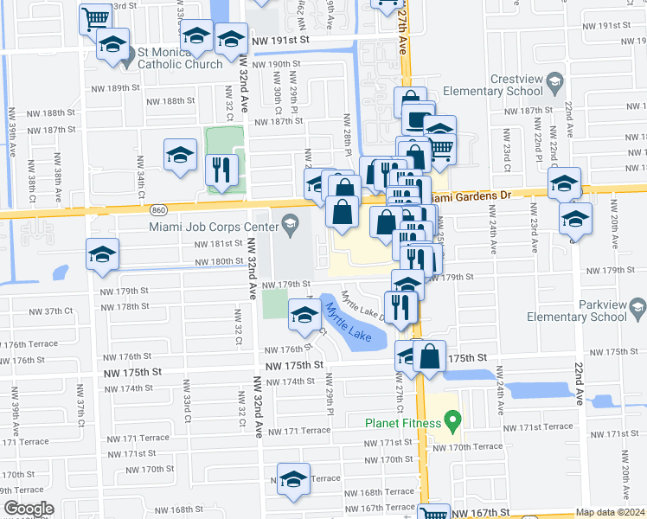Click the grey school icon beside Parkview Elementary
tap(637, 307)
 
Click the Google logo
tap(29, 509)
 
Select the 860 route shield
tap(157, 209)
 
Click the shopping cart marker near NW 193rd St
tap(95, 16)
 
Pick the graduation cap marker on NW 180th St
tap(102, 254)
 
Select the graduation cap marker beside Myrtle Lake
tap(304, 316)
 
